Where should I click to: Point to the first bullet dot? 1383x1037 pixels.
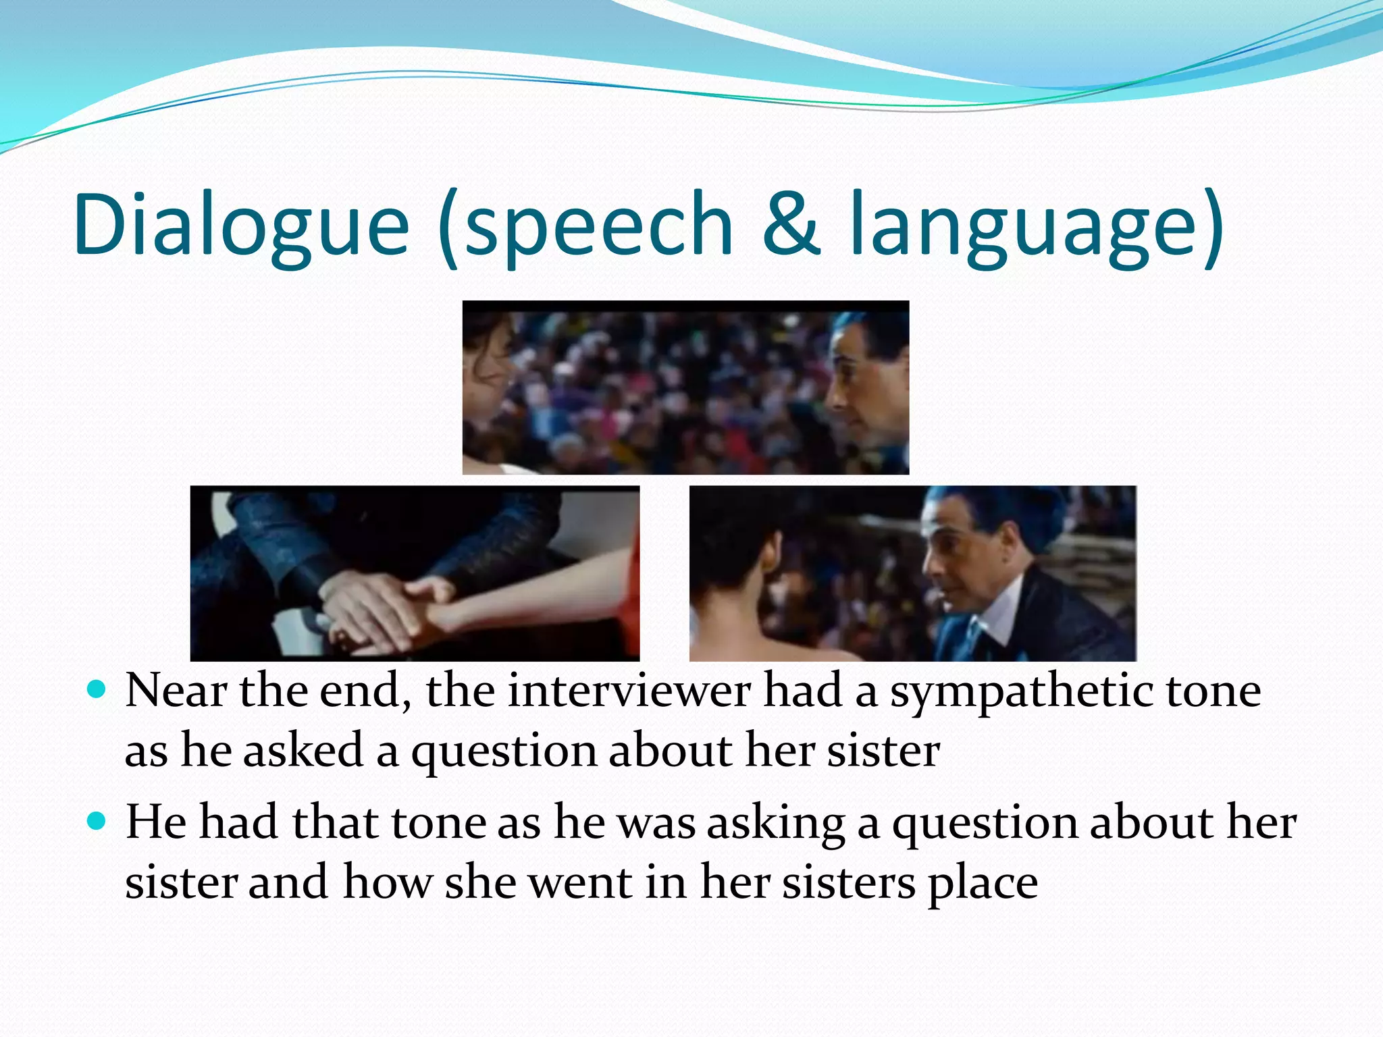click(97, 689)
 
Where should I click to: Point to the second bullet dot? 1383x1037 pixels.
click(97, 821)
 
